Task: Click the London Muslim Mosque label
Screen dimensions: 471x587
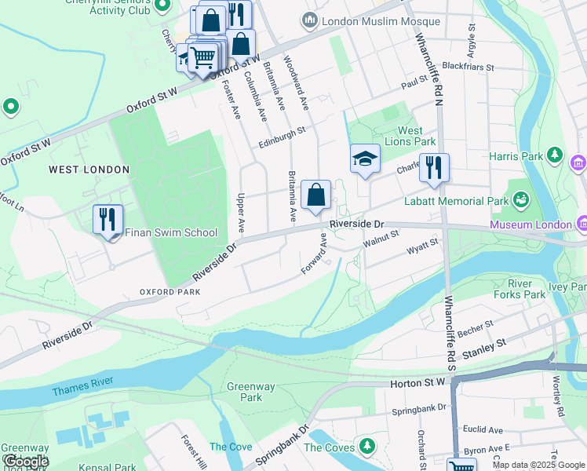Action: coord(370,20)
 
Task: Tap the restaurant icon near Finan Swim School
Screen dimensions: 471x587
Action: coord(108,220)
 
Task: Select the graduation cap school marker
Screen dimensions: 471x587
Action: coord(365,160)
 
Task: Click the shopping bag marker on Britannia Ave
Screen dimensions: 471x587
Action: coord(315,196)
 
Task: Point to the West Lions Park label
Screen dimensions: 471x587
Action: coord(416,137)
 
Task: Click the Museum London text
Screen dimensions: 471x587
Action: coord(530,225)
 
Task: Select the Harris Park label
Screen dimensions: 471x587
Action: coord(516,156)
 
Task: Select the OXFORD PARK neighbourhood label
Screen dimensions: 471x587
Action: coord(170,292)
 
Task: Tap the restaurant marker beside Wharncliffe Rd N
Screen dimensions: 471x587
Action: coord(433,168)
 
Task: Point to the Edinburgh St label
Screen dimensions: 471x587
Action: coord(281,142)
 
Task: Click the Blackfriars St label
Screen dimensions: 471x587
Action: coord(467,68)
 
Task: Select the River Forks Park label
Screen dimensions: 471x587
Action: coord(526,289)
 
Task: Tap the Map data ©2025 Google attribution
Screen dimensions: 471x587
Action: coord(538,465)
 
